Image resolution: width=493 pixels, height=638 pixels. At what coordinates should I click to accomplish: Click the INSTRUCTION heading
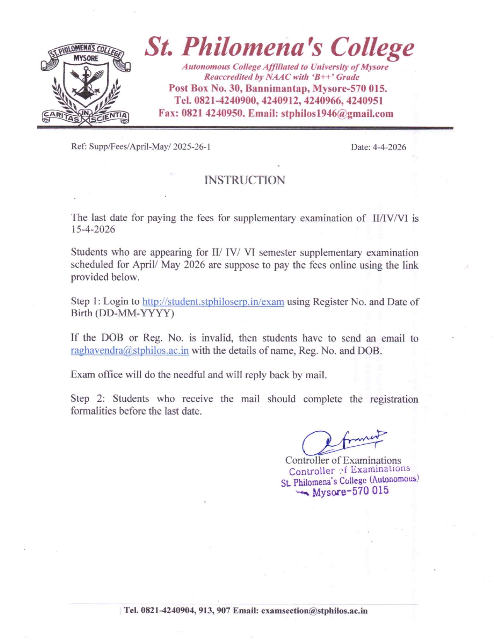point(245,180)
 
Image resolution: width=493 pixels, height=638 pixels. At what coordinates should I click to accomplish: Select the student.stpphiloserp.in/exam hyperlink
point(213,302)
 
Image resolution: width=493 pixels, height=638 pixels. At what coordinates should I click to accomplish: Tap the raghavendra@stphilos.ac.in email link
point(130,351)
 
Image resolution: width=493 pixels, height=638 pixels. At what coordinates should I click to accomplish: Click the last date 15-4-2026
point(93,230)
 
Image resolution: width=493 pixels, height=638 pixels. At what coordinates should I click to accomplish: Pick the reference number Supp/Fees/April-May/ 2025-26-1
point(150,147)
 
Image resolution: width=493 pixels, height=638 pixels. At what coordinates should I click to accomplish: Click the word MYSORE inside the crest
point(86,58)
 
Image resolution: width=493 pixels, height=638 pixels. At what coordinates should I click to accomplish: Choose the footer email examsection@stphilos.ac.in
point(314,611)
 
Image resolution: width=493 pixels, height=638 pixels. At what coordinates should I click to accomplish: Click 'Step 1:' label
point(85,302)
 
